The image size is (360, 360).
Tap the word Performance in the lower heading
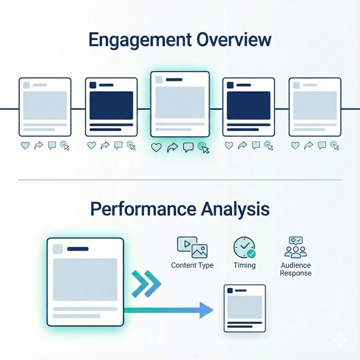142,209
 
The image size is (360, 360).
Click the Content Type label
192,265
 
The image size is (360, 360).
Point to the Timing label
244,265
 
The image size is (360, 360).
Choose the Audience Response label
296,269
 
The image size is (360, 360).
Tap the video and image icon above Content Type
192,247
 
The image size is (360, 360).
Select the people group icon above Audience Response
296,247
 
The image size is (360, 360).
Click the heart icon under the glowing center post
156,148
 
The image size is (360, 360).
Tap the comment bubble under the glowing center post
188,148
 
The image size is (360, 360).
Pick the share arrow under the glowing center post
172,148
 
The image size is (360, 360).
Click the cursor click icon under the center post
204,148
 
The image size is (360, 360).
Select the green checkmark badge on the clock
251,253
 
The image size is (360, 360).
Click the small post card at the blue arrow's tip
245,308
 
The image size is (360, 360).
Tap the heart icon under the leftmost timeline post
25,145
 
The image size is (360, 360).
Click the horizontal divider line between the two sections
180,180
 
